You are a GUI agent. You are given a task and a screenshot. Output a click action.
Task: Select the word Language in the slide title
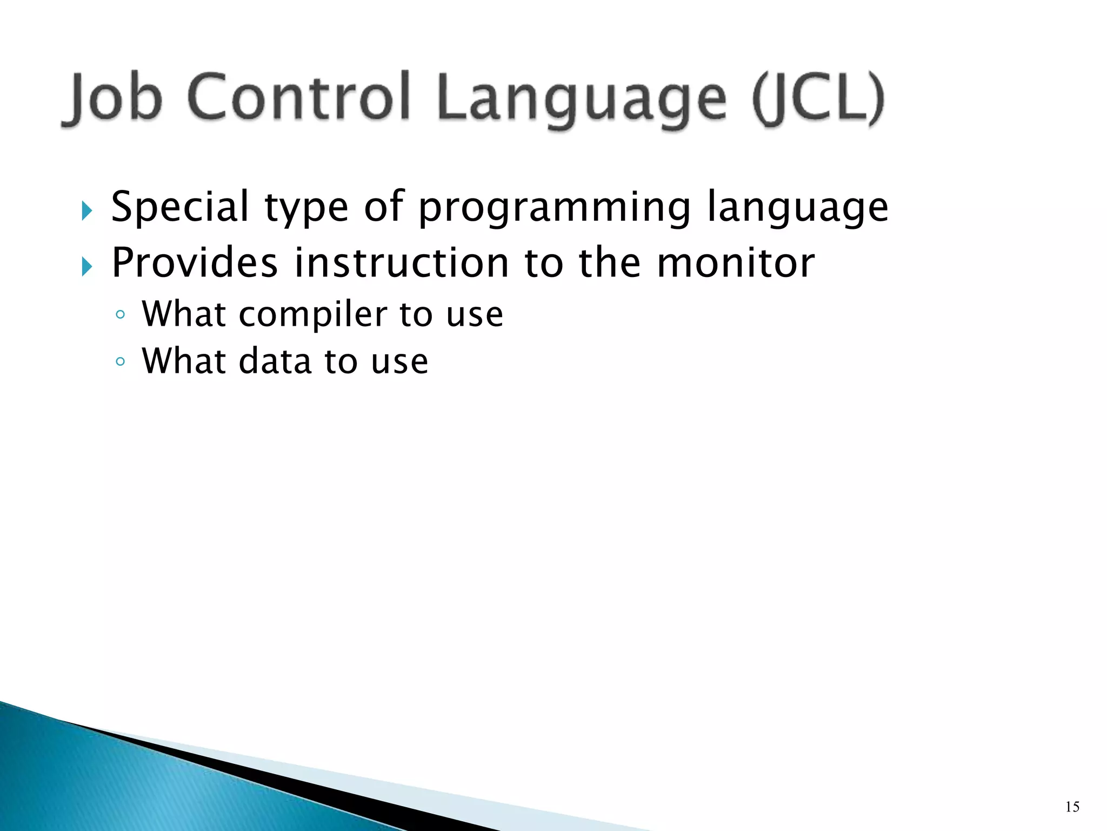[581, 100]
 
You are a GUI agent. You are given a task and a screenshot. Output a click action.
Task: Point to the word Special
[180, 207]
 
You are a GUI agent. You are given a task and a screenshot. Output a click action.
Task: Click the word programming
[555, 208]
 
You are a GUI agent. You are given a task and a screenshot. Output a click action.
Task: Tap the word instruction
[402, 263]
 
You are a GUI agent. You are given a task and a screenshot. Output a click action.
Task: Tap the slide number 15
[1072, 807]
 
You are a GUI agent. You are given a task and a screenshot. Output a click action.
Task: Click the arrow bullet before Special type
[87, 210]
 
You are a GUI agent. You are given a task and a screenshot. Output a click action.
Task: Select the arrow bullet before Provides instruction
[87, 266]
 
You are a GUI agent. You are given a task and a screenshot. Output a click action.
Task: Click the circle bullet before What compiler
[121, 315]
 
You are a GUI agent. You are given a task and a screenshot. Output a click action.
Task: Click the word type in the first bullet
[306, 208]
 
